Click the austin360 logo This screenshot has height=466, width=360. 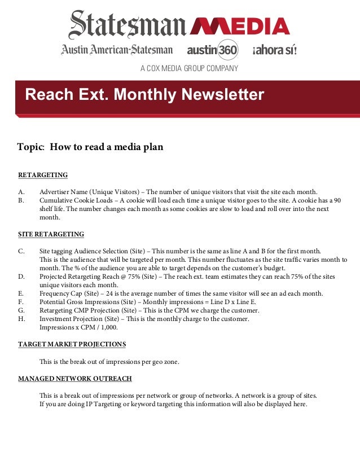click(212, 50)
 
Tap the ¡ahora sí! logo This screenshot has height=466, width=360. click(274, 50)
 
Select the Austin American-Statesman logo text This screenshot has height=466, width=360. click(117, 50)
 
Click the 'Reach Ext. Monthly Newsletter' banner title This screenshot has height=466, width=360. click(144, 94)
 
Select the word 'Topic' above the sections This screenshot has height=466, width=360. click(30, 147)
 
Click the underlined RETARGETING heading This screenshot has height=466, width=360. click(43, 175)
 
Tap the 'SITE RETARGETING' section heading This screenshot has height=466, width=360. click(51, 234)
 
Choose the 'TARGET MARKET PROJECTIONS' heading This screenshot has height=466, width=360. click(72, 344)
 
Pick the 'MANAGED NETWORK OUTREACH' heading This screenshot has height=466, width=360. click(75, 379)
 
